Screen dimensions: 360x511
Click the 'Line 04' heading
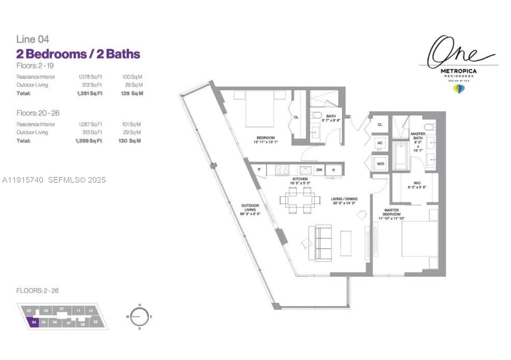tap(33, 39)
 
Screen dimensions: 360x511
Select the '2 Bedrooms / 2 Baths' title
tap(78, 54)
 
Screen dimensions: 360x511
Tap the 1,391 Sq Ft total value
tap(89, 94)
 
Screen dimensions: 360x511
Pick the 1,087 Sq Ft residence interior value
tap(90, 124)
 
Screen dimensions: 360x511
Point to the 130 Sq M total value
tap(129, 141)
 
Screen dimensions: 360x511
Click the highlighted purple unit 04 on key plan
tap(34, 322)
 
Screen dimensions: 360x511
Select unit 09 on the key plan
tap(96, 322)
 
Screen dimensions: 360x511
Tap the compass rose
tap(140, 317)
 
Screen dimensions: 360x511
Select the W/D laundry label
tap(380, 164)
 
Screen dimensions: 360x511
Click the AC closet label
tap(380, 143)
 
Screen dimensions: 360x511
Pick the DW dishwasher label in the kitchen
tap(319, 170)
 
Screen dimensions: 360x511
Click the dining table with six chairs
tap(300, 200)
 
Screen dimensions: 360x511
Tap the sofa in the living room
tap(323, 243)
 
